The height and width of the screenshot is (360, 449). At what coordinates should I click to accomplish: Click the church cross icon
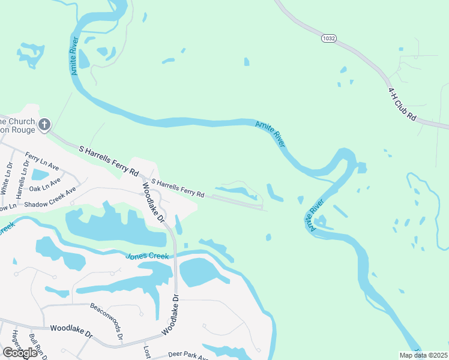[44, 125]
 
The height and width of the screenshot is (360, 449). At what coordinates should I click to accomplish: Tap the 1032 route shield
[328, 38]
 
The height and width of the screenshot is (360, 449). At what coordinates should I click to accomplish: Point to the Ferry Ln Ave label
[41, 161]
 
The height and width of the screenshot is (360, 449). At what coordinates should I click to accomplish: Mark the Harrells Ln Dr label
[22, 181]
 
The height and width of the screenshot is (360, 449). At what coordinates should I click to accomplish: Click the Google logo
[20, 352]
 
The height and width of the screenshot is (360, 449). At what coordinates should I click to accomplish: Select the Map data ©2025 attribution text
[422, 355]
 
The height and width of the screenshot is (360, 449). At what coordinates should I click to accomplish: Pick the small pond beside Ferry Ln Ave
[40, 175]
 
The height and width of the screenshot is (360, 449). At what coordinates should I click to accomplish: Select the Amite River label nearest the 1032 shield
[270, 133]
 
